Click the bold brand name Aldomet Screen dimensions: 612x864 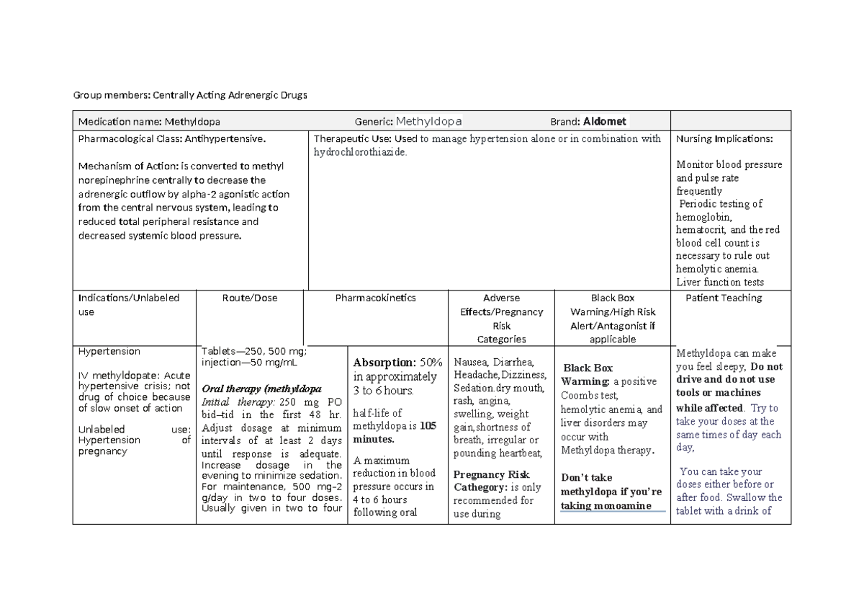605,121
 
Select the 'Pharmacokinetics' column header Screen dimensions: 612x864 375,298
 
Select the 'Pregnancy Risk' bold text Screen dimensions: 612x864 491,474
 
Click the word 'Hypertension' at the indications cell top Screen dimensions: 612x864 109,352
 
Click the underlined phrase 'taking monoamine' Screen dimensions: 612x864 606,505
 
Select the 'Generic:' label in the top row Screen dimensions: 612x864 373,121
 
